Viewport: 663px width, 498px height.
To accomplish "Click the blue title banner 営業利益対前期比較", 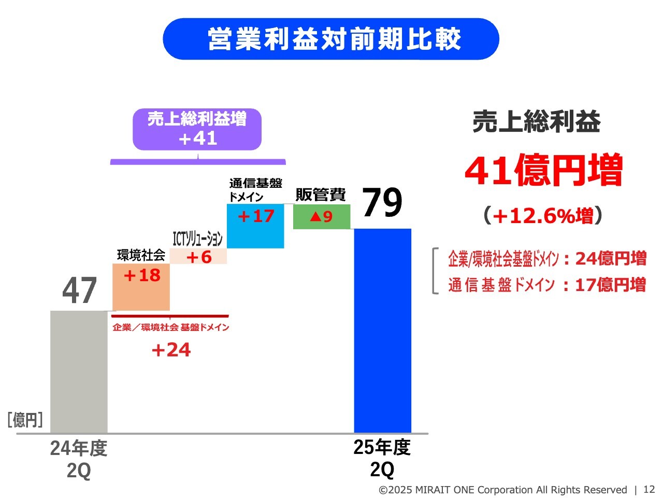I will pyautogui.click(x=331, y=39).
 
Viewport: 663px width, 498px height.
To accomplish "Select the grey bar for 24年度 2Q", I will pyautogui.click(x=79, y=371).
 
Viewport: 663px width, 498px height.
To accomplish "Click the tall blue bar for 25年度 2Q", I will pyautogui.click(x=382, y=330).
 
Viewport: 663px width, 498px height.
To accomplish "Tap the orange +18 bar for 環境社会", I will pyautogui.click(x=141, y=287).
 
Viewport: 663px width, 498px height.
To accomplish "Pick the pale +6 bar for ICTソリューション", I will pyautogui.click(x=198, y=256).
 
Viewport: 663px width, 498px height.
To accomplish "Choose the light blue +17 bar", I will pyautogui.click(x=255, y=226).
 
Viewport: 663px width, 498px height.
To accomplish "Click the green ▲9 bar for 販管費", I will pyautogui.click(x=322, y=216).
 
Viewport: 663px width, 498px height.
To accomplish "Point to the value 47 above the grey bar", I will pyautogui.click(x=79, y=290).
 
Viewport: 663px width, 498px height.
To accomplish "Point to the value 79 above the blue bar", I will pyautogui.click(x=382, y=203).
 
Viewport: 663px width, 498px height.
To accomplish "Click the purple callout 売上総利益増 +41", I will pyautogui.click(x=197, y=129).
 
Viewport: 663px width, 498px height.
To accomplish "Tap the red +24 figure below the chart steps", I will pyautogui.click(x=171, y=350).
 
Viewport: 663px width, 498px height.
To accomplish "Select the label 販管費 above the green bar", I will pyautogui.click(x=321, y=195).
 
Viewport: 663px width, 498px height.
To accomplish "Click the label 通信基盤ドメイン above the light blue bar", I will pyautogui.click(x=255, y=190).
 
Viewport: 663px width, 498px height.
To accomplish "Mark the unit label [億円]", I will pyautogui.click(x=25, y=419).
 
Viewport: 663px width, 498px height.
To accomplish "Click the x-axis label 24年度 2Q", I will pyautogui.click(x=79, y=459).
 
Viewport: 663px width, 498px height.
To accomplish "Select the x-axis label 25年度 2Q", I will pyautogui.click(x=382, y=458).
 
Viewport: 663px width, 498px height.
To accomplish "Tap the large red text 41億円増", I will pyautogui.click(x=543, y=170).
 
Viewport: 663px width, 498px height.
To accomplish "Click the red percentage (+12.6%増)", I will pyautogui.click(x=543, y=215).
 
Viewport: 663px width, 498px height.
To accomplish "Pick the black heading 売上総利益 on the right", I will pyautogui.click(x=537, y=122).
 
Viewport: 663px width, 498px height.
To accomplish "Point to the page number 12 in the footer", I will pyautogui.click(x=649, y=489).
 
